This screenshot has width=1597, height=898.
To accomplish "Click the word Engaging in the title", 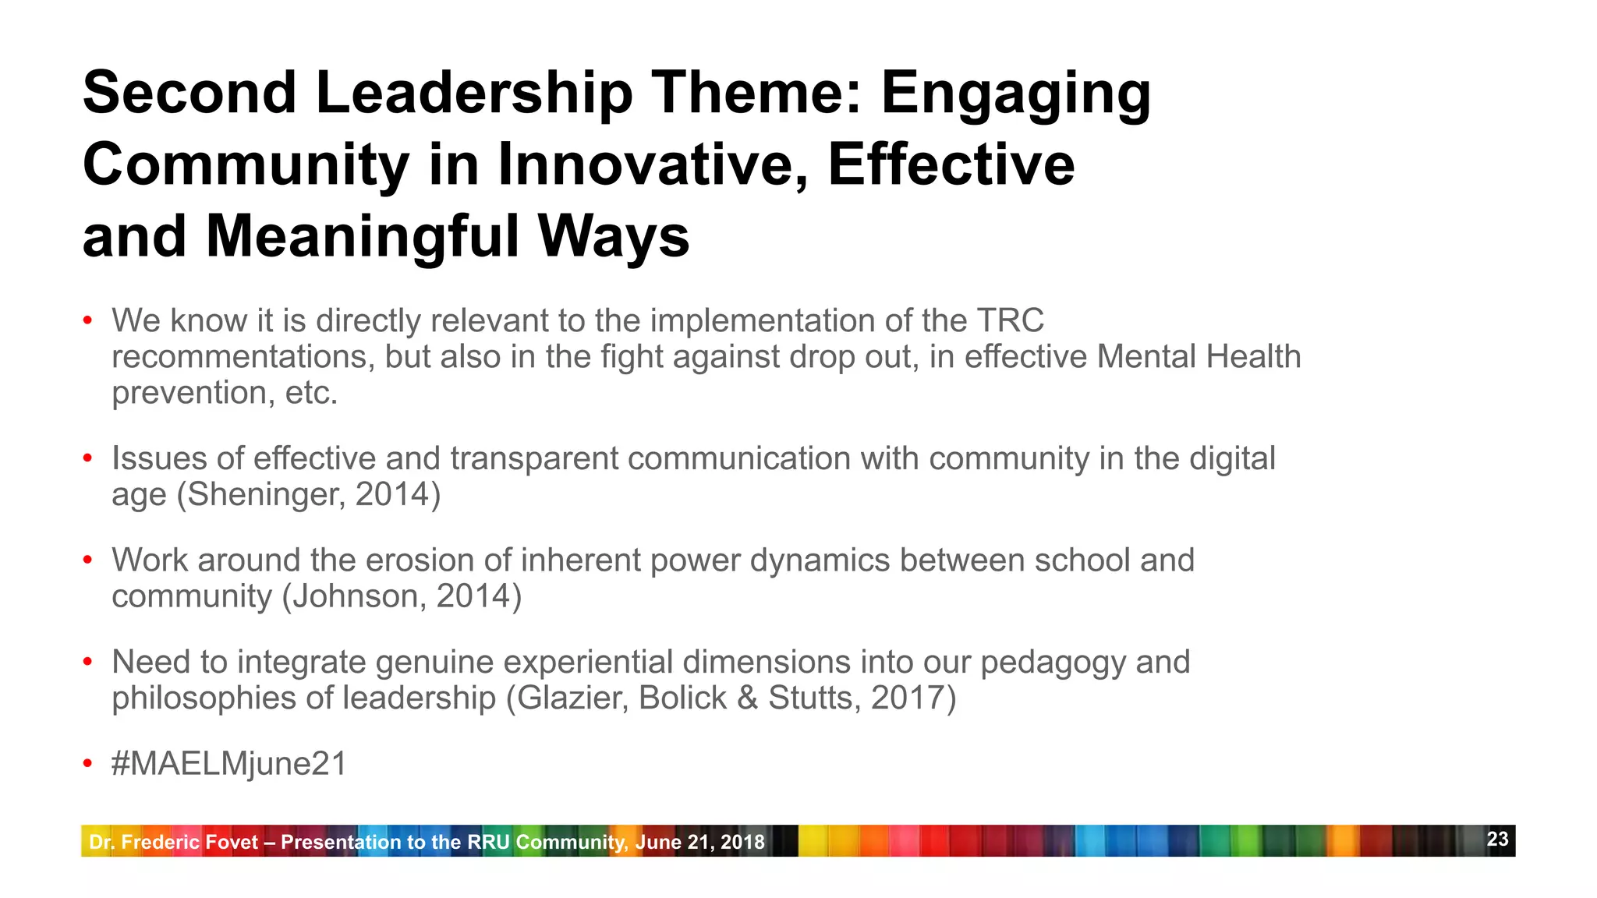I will coord(1015,94).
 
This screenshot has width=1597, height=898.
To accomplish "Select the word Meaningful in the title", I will coord(363,237).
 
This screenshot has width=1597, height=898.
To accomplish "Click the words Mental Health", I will coord(1199,357).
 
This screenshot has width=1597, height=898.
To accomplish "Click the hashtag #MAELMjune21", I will coord(229,764).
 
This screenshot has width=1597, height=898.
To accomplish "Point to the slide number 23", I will coord(1497,840).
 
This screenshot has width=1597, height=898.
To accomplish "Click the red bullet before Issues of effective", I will coord(88,458).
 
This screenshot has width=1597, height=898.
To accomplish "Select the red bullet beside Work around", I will coord(88,560).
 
